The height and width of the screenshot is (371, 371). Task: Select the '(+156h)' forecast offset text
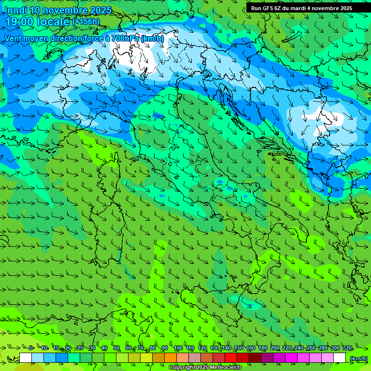coord(86,21)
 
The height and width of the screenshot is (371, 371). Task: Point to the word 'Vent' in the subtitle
coord(14,38)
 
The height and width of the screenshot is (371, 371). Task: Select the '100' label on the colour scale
coord(178,348)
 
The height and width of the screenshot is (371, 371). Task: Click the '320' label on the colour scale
coord(347,348)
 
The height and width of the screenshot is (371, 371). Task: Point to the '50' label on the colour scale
coord(116,348)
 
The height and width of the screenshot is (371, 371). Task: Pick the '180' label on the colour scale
coord(262,348)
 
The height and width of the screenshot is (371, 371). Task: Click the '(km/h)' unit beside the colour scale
coord(358,358)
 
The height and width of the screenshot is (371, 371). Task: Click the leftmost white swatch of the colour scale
coord(26,358)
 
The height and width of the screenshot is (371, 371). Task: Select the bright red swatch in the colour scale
coord(231,358)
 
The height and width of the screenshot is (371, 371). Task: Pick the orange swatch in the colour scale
coord(171,358)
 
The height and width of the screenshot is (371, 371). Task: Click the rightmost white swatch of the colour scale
coord(340,358)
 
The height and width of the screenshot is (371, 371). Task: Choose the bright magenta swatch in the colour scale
coord(291,358)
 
